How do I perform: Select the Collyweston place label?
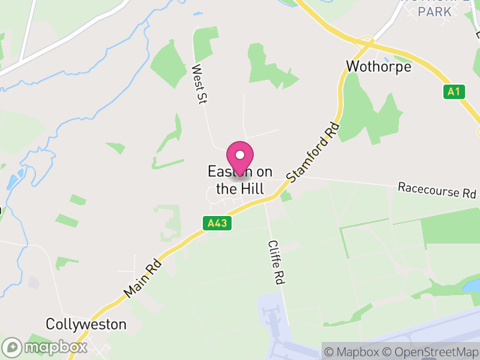click(86, 325)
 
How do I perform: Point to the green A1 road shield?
click(454, 92)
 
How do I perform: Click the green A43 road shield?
click(217, 223)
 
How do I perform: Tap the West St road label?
click(199, 85)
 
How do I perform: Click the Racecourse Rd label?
click(437, 191)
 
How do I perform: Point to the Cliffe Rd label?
click(275, 262)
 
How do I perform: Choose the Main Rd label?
click(143, 277)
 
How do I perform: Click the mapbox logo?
click(46, 347)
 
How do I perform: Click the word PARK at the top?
click(435, 11)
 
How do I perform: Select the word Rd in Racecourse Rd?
click(469, 193)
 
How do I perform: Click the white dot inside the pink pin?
click(240, 155)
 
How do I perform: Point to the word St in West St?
click(201, 97)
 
